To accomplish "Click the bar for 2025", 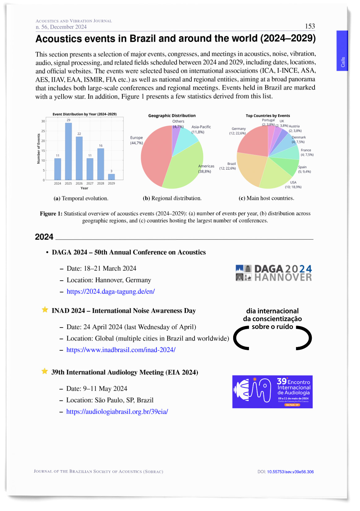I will [68, 151].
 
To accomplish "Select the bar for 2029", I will [111, 177].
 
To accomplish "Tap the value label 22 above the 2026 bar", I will [79, 134].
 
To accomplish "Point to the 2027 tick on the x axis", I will [90, 183].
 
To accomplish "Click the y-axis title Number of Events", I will [39, 148].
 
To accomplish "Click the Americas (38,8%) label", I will [206, 169].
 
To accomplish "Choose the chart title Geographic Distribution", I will [172, 116].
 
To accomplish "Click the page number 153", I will [310, 26].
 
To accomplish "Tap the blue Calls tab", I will [342, 51].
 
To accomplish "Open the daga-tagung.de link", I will [111, 291].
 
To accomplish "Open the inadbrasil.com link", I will [121, 350].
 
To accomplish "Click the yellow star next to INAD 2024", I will [45, 310].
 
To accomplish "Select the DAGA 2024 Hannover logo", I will [273, 273].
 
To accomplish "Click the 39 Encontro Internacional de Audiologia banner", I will [272, 392].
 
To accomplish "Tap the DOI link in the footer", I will [290, 472].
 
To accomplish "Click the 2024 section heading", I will [44, 237].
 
